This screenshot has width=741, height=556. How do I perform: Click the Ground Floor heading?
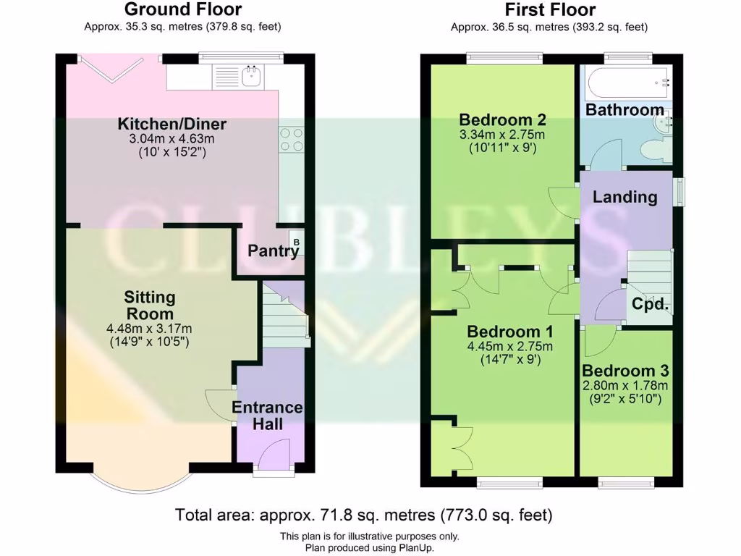182,9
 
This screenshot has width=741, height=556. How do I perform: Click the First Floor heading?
549,9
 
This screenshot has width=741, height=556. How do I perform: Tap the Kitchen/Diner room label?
172,124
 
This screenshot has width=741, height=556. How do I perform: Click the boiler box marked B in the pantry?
295,239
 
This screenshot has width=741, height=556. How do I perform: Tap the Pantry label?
273,251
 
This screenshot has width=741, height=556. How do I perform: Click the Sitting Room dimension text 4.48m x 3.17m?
149,328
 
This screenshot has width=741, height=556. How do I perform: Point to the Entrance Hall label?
267,416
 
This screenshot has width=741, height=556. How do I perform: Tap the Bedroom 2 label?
502,119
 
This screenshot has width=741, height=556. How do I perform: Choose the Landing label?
624,197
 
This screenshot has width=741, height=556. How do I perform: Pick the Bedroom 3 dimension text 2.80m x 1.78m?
625,384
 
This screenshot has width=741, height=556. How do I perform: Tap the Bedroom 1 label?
510,332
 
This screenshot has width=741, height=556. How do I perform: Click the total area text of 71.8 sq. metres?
364,515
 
